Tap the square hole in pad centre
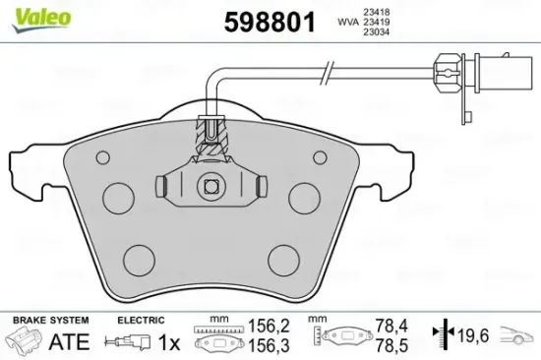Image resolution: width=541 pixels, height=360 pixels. click(x=210, y=185)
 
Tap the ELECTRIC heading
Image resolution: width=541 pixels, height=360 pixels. click(x=140, y=321)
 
